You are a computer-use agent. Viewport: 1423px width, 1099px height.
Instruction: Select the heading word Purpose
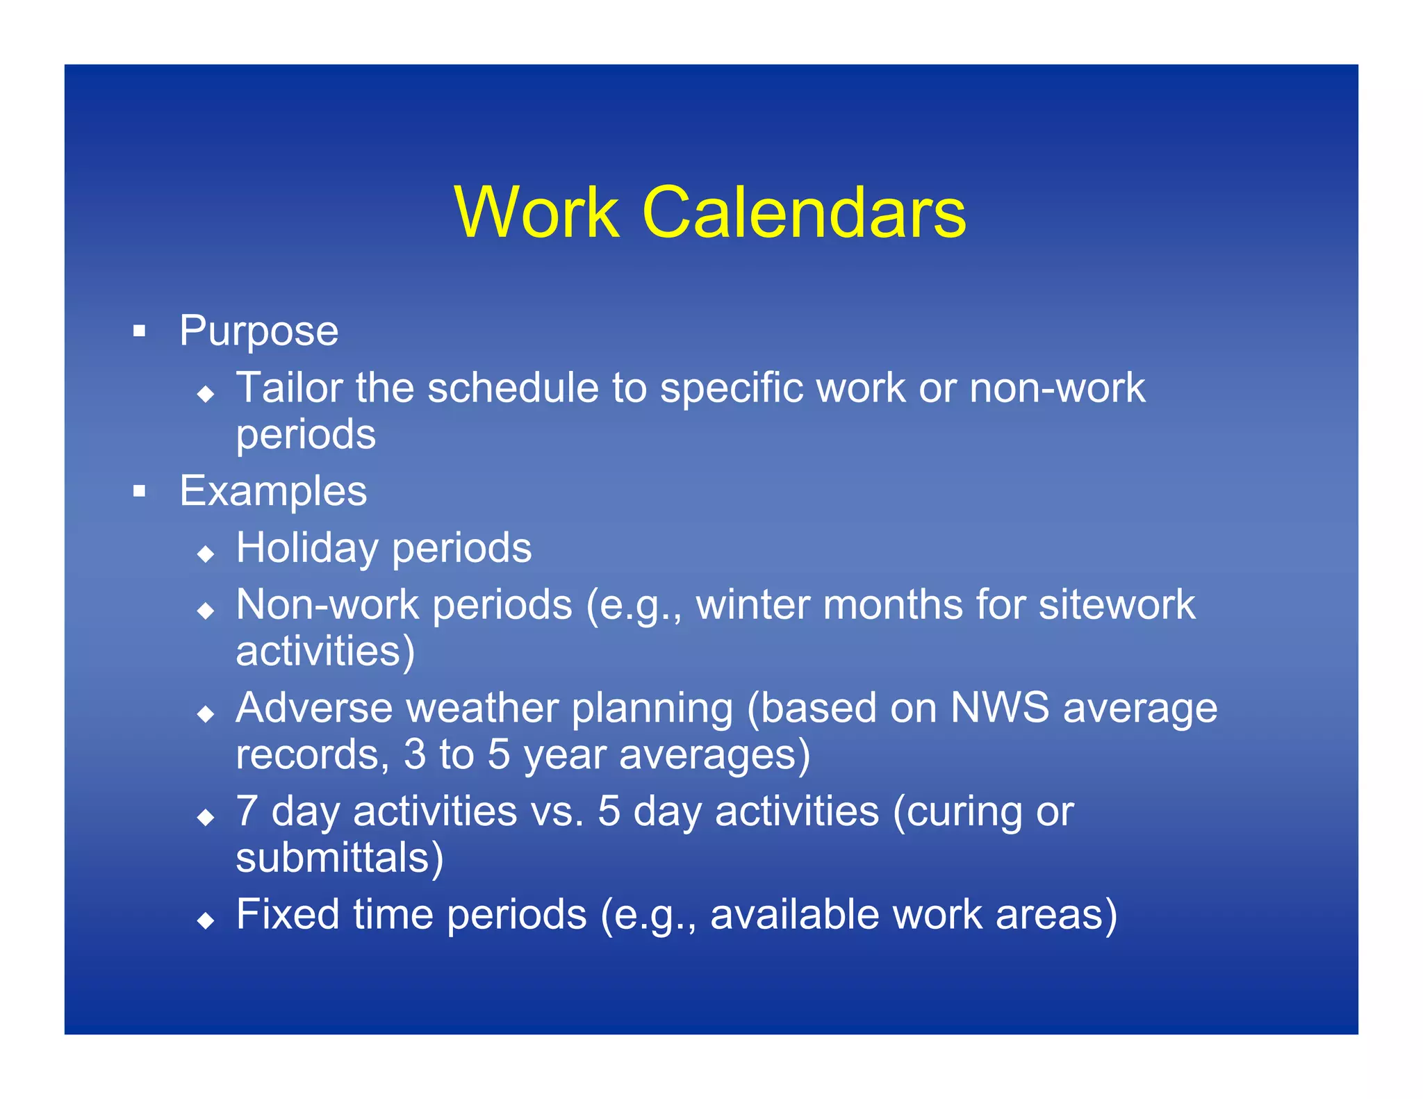(x=258, y=331)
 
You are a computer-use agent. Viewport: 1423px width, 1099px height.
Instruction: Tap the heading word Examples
(x=273, y=491)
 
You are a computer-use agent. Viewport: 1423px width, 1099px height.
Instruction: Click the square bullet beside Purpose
(x=140, y=331)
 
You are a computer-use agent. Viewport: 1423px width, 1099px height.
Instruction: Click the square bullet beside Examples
(x=140, y=492)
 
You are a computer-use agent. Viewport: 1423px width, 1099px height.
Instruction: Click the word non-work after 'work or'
(x=1057, y=388)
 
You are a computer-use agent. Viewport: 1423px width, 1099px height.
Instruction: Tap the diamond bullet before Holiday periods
(x=206, y=554)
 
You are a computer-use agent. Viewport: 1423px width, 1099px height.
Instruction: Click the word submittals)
(x=339, y=858)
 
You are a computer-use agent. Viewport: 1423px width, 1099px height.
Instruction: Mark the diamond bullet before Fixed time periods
(x=206, y=921)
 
